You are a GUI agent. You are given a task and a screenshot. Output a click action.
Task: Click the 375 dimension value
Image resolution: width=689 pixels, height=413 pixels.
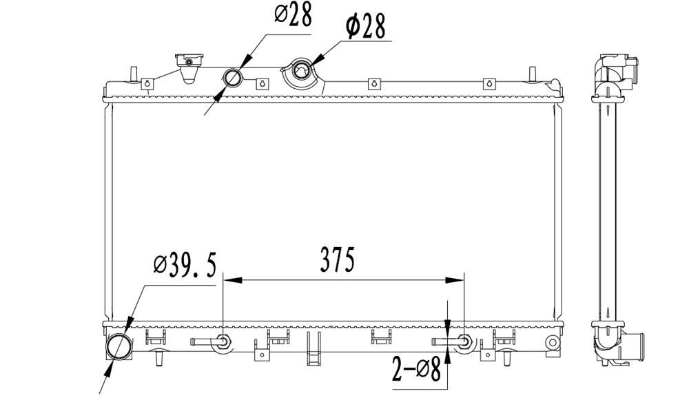pos(337,260)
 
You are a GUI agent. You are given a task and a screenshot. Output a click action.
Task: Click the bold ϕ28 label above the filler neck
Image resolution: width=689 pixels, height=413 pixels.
pos(366,26)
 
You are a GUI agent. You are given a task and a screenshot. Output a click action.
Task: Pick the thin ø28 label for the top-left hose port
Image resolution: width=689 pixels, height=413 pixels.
pos(293,15)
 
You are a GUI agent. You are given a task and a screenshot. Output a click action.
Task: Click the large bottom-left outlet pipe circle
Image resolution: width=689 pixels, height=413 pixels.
pos(119,346)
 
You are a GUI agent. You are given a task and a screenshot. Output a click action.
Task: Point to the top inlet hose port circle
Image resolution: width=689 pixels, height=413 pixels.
pos(233,78)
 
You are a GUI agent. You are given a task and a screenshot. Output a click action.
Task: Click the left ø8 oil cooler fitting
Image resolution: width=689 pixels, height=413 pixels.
pos(223,341)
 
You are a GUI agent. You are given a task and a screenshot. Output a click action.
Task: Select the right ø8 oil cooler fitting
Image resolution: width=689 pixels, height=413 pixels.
pos(464,341)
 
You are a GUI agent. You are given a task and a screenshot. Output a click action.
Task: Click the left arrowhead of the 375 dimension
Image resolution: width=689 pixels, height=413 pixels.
pos(233,279)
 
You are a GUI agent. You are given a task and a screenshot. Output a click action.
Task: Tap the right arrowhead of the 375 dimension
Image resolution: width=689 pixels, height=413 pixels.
pos(454,279)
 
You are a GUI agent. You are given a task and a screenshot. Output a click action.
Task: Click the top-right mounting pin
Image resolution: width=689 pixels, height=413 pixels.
pos(532,74)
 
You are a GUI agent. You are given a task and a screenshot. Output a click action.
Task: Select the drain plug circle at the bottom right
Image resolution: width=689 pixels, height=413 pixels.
pos(553,341)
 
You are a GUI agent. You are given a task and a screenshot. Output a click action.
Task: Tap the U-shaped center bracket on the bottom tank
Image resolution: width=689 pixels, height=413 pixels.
pos(313,348)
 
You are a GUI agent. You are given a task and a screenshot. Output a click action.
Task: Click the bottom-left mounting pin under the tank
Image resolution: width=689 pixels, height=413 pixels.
pos(158,358)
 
